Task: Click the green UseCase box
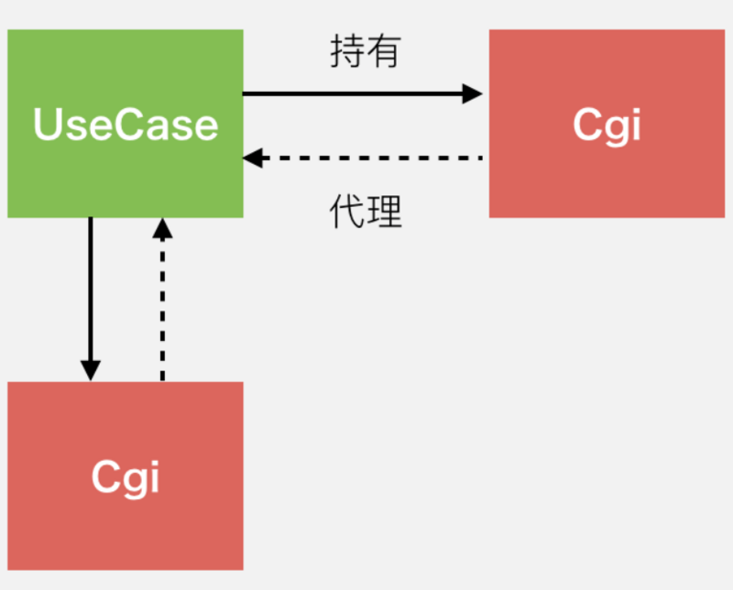pos(126,174)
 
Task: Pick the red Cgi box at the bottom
pos(126,531)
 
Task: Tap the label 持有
pos(366,52)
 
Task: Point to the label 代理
pos(366,212)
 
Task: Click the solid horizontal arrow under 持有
pos(357,93)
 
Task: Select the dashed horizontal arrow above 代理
pos(366,158)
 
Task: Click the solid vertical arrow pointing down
pos(90,293)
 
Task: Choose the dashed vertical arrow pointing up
pos(162,302)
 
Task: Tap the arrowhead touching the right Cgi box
pos(473,93)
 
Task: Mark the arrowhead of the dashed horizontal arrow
pos(253,158)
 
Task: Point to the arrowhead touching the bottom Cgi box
pos(90,369)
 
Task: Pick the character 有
pos(384,52)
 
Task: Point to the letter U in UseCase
pos(49,124)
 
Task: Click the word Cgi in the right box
pos(607,125)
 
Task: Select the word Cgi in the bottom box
pos(126,476)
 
